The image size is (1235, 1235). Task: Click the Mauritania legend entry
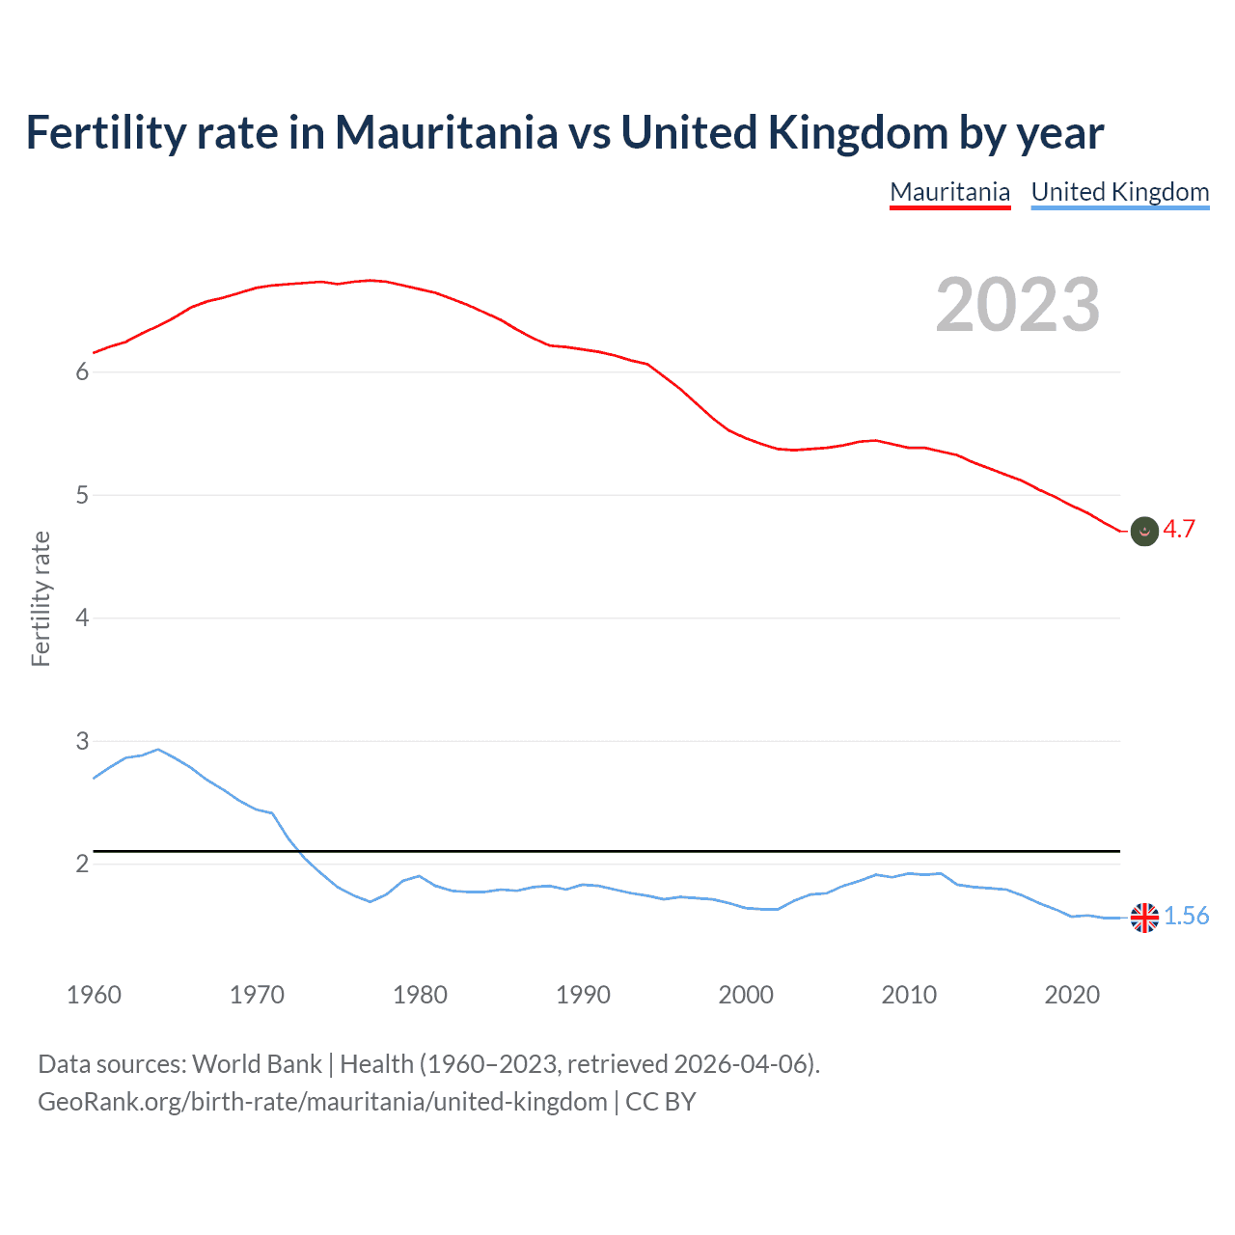[949, 192]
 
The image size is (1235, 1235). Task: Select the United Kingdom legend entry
[1119, 192]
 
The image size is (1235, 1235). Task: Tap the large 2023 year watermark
[1017, 305]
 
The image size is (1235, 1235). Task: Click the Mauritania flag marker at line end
[1144, 531]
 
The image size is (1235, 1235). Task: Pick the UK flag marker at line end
[1144, 918]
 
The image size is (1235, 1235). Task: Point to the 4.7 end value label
[1179, 529]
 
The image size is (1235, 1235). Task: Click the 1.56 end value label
[1186, 916]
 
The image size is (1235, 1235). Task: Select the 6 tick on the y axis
[82, 372]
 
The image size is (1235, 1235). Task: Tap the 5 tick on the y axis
[82, 496]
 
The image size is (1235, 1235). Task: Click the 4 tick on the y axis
[82, 618]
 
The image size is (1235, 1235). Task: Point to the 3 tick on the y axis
[82, 741]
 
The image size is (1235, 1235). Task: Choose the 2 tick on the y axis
[82, 864]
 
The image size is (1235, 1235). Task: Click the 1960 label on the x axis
[94, 995]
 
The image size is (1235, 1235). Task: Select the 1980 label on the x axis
[420, 995]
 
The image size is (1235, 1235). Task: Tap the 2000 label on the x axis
[746, 995]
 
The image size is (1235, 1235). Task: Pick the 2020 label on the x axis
[1072, 995]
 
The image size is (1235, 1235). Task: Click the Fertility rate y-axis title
[41, 598]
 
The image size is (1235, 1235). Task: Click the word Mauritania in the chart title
[446, 132]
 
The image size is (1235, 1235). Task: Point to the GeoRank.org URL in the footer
[322, 1102]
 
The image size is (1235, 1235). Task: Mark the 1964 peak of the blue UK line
[158, 749]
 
